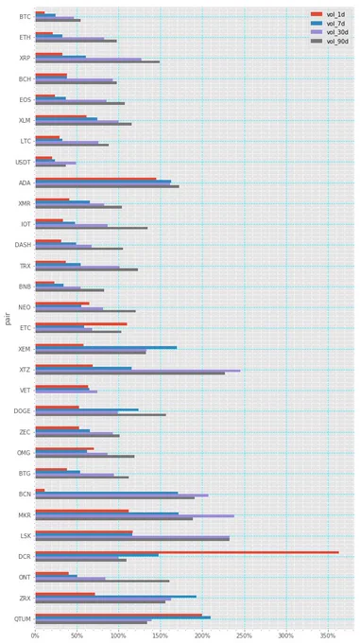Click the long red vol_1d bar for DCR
(187, 552)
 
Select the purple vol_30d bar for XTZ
(138, 371)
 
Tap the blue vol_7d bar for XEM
(106, 347)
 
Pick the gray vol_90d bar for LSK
(132, 539)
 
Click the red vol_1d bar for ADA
(95, 179)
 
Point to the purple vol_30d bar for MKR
(135, 516)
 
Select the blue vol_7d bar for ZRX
(116, 597)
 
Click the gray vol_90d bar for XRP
(97, 61)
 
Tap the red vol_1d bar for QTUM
(119, 615)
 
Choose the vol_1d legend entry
(329, 15)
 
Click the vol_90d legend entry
(329, 42)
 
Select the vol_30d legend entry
(329, 32)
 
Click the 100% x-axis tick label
(119, 635)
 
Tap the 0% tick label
(36, 635)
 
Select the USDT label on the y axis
(25, 162)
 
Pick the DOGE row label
(24, 411)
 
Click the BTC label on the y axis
(26, 17)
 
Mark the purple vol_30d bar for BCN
(122, 495)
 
